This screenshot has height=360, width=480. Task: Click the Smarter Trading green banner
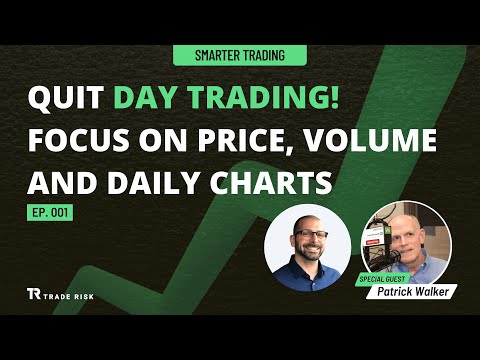239,57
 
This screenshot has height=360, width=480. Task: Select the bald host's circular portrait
308,247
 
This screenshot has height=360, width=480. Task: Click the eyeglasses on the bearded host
308,236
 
